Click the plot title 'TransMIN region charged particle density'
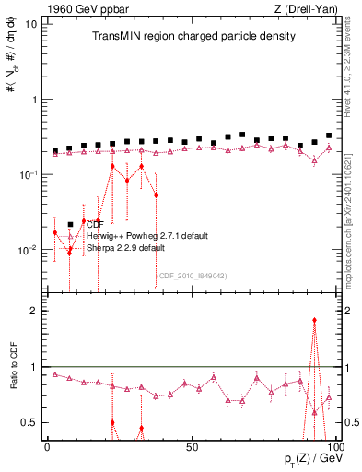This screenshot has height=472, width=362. (193, 37)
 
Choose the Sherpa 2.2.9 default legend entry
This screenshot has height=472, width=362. (125, 248)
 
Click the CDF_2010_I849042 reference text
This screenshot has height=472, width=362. (191, 275)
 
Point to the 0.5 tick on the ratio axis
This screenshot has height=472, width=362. (29, 422)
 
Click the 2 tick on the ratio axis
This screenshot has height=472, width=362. (34, 311)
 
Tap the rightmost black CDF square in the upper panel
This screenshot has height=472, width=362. (329, 136)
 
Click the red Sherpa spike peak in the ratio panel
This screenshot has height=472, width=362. (314, 320)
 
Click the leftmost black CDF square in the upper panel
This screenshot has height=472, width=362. (55, 150)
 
